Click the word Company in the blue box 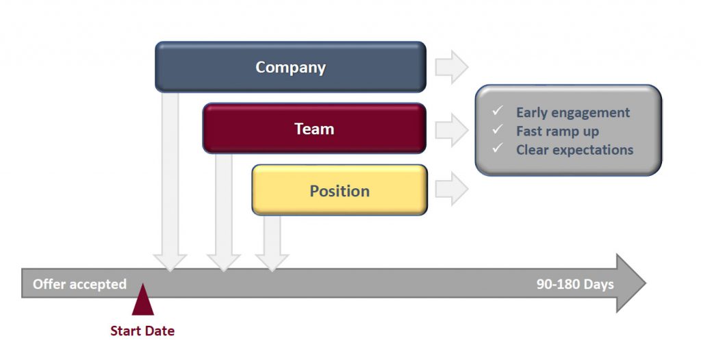click(290, 68)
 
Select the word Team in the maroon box click(314, 129)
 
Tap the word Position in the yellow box click(340, 191)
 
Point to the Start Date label click(142, 331)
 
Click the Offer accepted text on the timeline click(79, 284)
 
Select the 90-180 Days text click(575, 284)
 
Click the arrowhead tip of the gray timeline click(646, 283)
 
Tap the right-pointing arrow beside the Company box click(452, 67)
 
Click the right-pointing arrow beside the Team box click(452, 130)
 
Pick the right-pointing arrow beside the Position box click(452, 189)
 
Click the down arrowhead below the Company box click(170, 262)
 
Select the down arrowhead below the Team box click(224, 262)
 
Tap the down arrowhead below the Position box click(272, 262)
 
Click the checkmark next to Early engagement click(497, 110)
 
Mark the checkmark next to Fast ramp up click(497, 129)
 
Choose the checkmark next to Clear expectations click(497, 148)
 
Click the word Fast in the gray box click(528, 131)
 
